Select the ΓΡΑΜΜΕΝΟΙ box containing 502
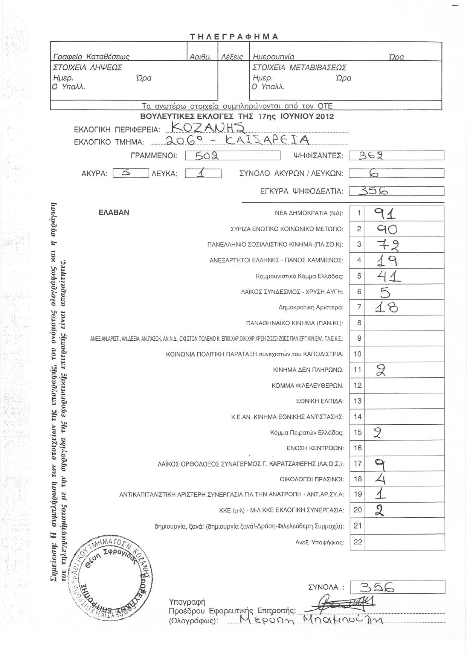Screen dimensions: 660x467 (233, 155)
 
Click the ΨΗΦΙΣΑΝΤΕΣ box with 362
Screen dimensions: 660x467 (397, 155)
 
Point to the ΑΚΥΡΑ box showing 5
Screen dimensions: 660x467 (131, 173)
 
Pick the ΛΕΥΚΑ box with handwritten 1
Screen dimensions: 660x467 (203, 173)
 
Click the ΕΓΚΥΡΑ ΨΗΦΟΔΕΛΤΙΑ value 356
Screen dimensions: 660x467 (397, 191)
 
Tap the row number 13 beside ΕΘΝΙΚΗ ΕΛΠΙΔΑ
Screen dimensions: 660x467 (357, 401)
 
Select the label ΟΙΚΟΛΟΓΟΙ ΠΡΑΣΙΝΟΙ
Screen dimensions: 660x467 (312, 479)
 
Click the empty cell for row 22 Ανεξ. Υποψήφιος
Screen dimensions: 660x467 (404, 542)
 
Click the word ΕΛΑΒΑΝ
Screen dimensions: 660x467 (114, 212)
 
